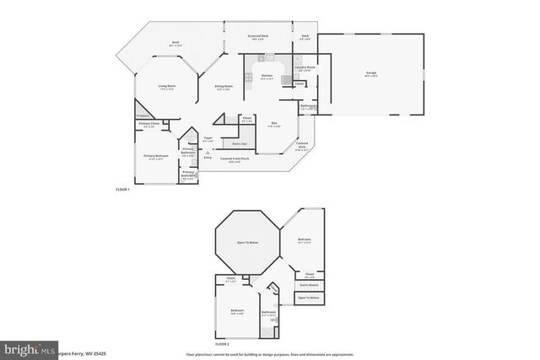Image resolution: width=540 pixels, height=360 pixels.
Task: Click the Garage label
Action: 370,74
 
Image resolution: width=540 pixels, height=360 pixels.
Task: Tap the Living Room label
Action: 166,87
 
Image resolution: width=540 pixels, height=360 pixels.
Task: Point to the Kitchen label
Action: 267,76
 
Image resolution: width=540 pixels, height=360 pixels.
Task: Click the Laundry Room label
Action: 305,67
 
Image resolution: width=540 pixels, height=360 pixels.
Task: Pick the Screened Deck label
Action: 257,36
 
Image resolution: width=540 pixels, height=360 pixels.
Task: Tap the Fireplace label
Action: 143,116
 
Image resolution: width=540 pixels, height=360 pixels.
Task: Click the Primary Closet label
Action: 148,125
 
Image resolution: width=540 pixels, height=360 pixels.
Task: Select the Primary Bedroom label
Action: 154,157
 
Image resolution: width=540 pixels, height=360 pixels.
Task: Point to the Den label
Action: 273,125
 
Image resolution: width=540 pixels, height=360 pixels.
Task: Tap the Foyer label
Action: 208,139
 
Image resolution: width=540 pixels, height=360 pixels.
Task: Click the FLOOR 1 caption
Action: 123,191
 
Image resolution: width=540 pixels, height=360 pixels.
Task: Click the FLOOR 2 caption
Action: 222,344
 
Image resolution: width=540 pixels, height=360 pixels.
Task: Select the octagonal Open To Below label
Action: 247,242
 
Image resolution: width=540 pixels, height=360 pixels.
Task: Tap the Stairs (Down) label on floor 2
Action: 308,285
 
